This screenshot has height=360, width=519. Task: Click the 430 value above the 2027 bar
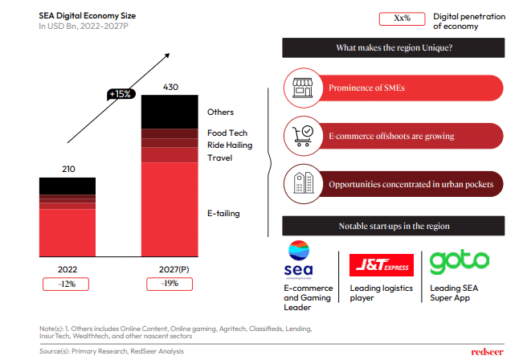coord(170,87)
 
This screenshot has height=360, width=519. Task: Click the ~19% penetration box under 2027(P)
coord(170,284)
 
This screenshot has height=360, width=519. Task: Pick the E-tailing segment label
coord(223,213)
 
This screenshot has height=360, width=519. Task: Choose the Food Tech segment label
coord(227,133)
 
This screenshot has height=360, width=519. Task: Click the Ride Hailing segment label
coord(230,145)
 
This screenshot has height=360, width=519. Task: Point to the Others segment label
coord(220,112)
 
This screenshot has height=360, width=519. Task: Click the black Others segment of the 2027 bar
coord(170,112)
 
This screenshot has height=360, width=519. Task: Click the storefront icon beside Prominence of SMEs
coord(303,87)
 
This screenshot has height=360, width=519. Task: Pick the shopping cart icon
coord(303,135)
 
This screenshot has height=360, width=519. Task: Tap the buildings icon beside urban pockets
coord(303,183)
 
